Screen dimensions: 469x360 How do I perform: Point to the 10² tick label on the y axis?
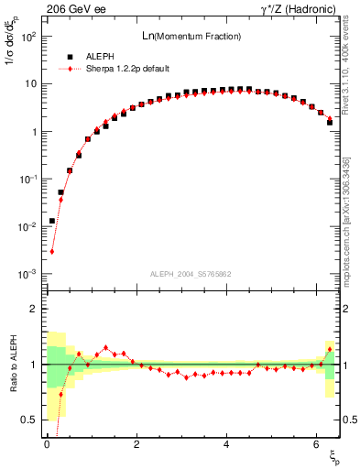[x=27, y=37]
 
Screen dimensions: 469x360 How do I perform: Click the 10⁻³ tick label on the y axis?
[x=27, y=275]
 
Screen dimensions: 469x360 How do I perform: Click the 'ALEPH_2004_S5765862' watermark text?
[x=191, y=274]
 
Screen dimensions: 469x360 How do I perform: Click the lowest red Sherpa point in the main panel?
[x=52, y=251]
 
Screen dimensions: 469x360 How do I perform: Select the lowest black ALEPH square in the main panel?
[x=52, y=221]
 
